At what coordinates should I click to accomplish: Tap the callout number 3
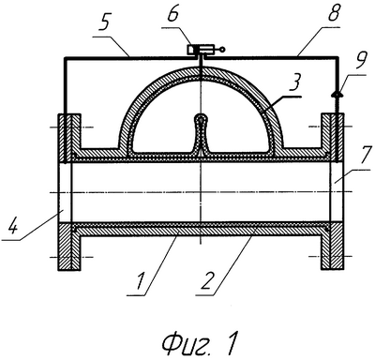pos(294,82)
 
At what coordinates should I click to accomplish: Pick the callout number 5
pos(104,22)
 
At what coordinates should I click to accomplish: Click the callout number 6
pos(174,12)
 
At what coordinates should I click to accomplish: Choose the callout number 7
pos(364,157)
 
